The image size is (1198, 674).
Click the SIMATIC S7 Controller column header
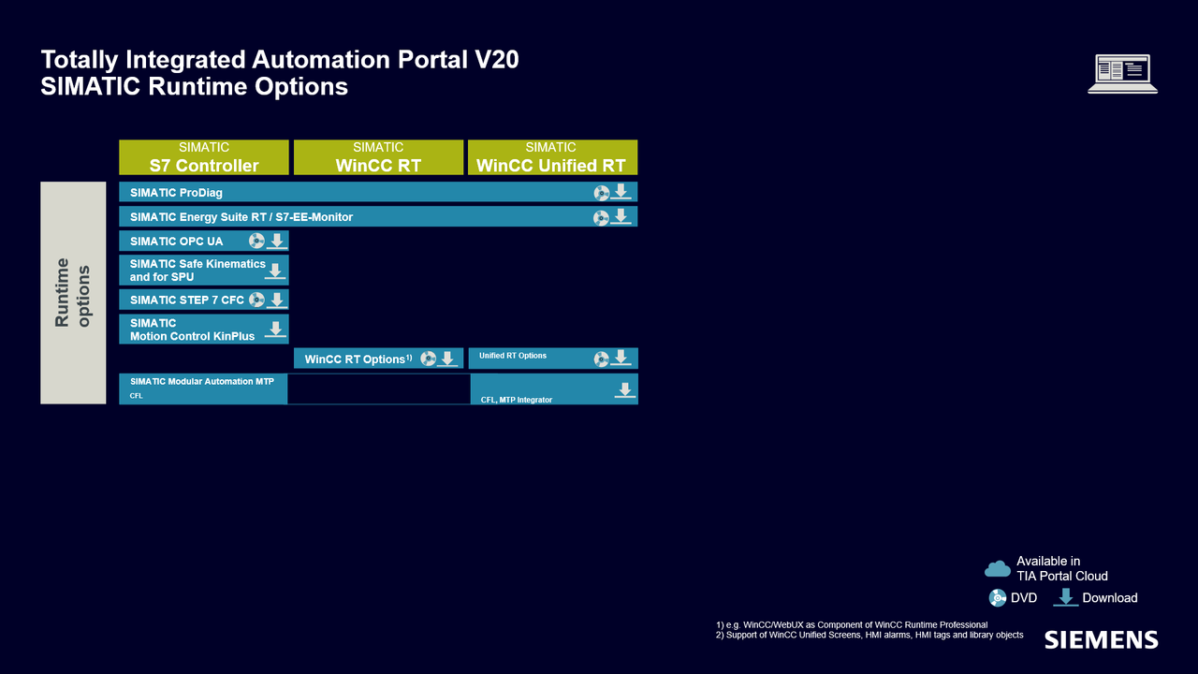pyautogui.click(x=204, y=157)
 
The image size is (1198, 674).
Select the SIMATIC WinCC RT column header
pyautogui.click(x=378, y=157)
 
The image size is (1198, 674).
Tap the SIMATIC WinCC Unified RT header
pyautogui.click(x=552, y=157)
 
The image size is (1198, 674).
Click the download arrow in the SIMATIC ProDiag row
pyautogui.click(x=621, y=192)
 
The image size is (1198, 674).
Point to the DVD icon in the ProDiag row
pyautogui.click(x=601, y=193)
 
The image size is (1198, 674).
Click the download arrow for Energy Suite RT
pyautogui.click(x=621, y=216)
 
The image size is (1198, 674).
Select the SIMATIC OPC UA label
pyautogui.click(x=177, y=242)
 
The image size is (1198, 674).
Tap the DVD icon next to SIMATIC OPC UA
pyautogui.click(x=256, y=242)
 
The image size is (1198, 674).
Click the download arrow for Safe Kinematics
pyautogui.click(x=275, y=271)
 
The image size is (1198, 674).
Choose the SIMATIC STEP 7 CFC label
pyautogui.click(x=186, y=300)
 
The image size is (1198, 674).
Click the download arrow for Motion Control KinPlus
pyautogui.click(x=275, y=330)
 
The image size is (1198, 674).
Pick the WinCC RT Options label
pyautogui.click(x=358, y=359)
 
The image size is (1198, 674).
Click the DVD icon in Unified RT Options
pyautogui.click(x=601, y=359)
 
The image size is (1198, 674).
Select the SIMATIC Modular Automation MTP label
pyautogui.click(x=202, y=381)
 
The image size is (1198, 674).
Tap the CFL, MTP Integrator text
pyautogui.click(x=517, y=400)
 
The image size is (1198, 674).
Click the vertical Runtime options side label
pyautogui.click(x=73, y=293)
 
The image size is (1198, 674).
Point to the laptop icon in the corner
pyautogui.click(x=1122, y=74)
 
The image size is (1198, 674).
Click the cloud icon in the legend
pyautogui.click(x=998, y=568)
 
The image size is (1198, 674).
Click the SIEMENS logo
pyautogui.click(x=1102, y=639)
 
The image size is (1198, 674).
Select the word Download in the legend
pyautogui.click(x=1110, y=597)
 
